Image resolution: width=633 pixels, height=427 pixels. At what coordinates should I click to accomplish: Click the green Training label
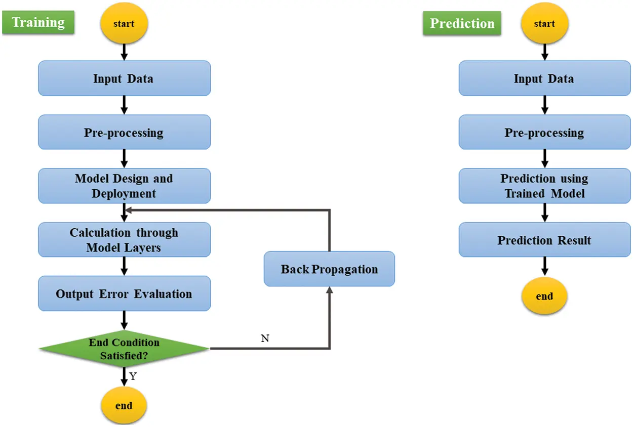(38, 23)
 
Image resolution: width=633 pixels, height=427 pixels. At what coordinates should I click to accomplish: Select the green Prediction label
(462, 24)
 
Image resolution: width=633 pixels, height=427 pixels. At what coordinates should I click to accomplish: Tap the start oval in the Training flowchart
(124, 24)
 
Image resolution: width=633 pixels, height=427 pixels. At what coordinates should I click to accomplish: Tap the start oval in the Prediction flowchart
(544, 24)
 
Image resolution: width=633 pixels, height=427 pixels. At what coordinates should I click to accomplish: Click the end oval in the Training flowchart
(124, 406)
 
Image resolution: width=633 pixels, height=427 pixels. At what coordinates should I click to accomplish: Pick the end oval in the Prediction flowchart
(544, 296)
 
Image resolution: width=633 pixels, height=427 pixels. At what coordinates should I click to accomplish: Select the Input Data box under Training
(124, 78)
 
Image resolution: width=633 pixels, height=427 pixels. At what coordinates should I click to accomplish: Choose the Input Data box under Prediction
(544, 78)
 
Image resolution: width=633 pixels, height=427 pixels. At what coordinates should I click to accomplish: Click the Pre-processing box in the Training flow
(124, 133)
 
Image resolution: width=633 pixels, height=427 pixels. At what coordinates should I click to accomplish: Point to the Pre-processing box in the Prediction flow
(544, 133)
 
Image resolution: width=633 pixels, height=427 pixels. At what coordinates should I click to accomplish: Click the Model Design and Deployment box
(124, 186)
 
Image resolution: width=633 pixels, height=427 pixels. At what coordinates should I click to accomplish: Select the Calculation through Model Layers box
(124, 240)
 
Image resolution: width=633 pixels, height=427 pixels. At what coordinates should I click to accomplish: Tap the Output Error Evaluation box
(124, 293)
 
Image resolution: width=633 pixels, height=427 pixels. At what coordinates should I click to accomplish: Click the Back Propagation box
(329, 269)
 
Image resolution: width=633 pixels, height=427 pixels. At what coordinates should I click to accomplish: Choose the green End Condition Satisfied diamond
(124, 349)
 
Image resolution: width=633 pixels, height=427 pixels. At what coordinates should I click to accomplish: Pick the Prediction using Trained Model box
(544, 186)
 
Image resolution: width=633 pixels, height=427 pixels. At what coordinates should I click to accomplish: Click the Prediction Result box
(544, 240)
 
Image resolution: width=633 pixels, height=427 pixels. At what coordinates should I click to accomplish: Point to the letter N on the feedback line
(265, 338)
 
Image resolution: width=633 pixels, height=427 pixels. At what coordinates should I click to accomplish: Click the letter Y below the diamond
(133, 376)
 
